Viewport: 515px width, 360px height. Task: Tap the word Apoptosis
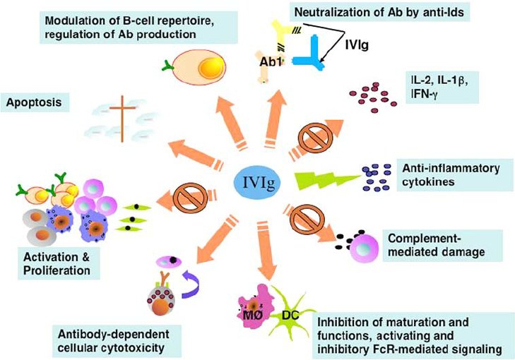pyautogui.click(x=32, y=102)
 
